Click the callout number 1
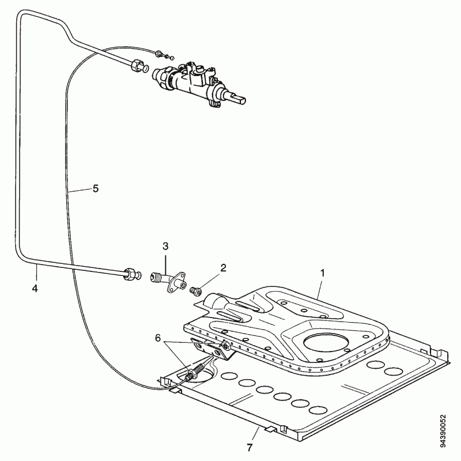(323, 273)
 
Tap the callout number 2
(223, 268)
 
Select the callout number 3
(165, 246)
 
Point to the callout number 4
(35, 289)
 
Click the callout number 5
(96, 188)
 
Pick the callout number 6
(158, 338)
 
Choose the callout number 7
(250, 448)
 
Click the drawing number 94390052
(443, 431)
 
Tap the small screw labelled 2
(196, 291)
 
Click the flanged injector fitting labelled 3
(168, 281)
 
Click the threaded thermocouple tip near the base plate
(195, 371)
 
